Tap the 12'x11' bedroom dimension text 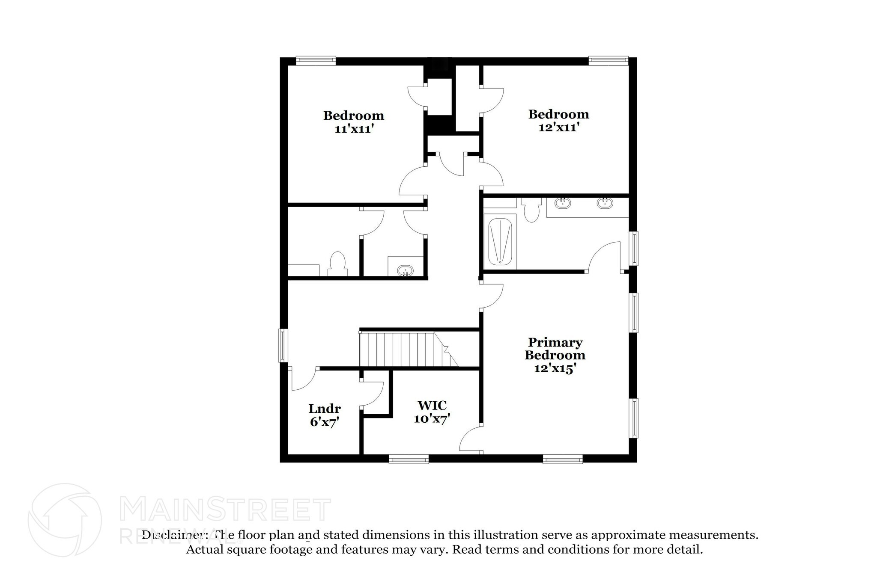click(x=559, y=127)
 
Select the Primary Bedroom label click(x=555, y=349)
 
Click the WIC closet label click(x=432, y=405)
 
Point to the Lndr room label click(x=325, y=408)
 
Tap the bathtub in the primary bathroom click(x=500, y=242)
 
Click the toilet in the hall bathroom click(x=337, y=264)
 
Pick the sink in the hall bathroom click(x=405, y=270)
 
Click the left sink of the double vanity click(x=562, y=203)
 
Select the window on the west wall click(x=283, y=345)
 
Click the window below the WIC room click(x=409, y=459)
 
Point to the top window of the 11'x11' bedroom click(x=316, y=61)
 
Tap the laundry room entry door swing click(x=303, y=379)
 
